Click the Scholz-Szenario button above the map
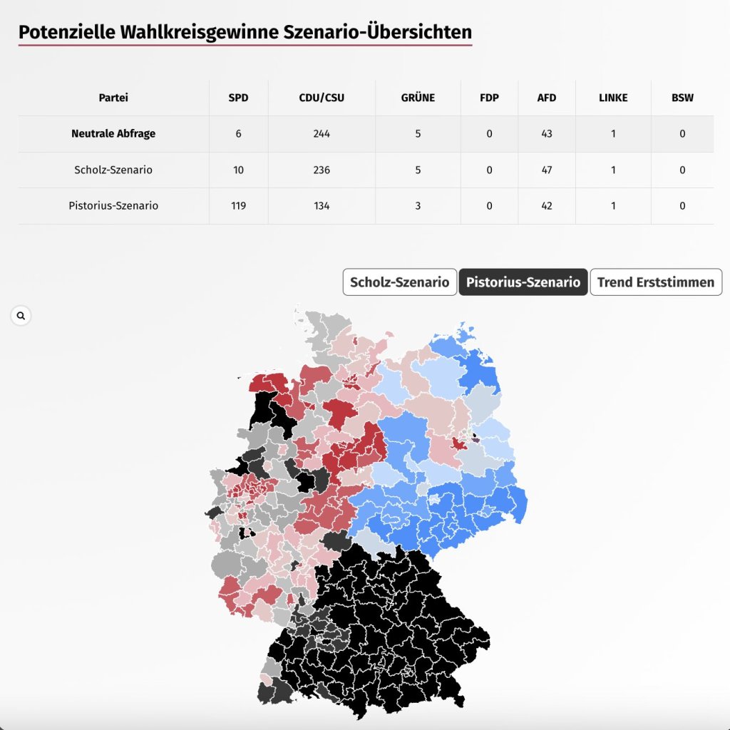point(399,282)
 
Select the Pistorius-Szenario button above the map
point(523,282)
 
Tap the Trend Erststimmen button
point(656,282)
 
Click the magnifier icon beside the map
point(21,315)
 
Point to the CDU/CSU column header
point(322,98)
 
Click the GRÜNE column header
point(418,98)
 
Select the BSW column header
point(682,98)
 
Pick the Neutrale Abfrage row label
point(113,133)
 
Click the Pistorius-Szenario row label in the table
point(113,205)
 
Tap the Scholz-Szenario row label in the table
point(113,170)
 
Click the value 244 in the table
point(322,133)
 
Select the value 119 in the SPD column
point(238,205)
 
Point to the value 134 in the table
point(322,205)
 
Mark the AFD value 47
point(547,170)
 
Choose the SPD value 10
point(238,170)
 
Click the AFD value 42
point(547,205)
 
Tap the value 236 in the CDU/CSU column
point(322,170)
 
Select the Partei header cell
point(113,98)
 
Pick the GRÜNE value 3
point(418,205)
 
